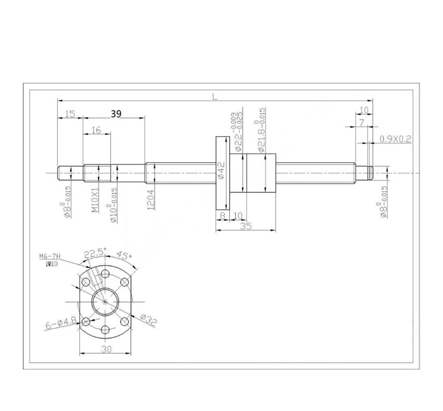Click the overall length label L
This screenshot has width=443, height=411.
point(215,97)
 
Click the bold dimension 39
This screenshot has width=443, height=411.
point(116,114)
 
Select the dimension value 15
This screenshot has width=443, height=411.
point(70,114)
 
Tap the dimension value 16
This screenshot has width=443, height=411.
point(96,130)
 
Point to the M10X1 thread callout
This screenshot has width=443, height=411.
point(95,200)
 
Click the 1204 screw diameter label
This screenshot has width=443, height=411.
point(151,199)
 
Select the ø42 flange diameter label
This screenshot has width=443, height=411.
point(222,171)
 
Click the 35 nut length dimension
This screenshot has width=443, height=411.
point(246,226)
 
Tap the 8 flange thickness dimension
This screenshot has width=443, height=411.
point(222,215)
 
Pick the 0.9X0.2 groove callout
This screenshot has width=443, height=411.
point(395,139)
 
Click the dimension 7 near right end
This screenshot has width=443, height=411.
point(362,123)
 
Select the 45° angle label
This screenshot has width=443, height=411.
point(123,255)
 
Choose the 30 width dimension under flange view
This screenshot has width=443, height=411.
point(106,350)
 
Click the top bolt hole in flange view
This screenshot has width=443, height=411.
point(105,274)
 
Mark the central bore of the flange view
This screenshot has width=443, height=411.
point(105,301)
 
